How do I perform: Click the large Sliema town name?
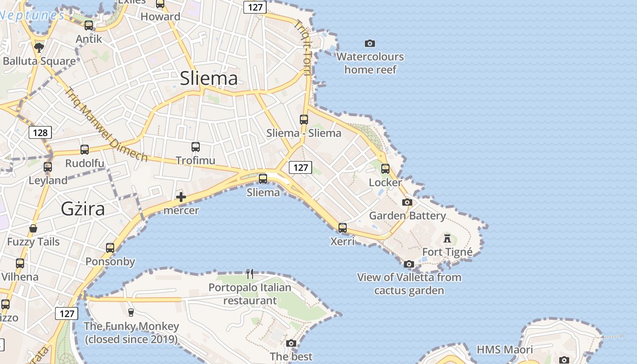209,78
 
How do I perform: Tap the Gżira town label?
83,208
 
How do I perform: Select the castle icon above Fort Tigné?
447,238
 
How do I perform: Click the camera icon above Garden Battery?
407,202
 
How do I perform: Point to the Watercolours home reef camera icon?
370,43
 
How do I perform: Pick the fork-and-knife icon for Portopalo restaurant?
250,273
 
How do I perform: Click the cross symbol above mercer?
181,197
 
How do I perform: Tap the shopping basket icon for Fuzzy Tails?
33,228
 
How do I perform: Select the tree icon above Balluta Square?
39,47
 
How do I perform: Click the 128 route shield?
40,132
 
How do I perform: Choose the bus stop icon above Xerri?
343,227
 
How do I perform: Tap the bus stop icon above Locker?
385,169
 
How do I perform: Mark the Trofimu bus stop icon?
196,147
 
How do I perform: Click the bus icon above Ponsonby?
110,248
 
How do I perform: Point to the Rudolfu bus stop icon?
85,150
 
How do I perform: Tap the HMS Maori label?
505,349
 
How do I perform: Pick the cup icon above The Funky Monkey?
131,312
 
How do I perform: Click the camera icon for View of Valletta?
409,264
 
